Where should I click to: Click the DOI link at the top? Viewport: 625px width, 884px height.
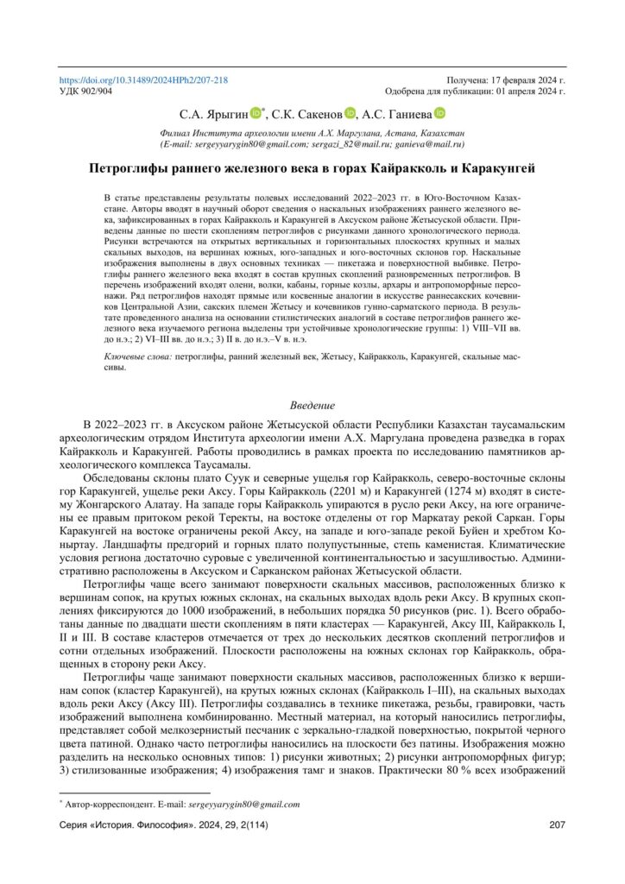143,79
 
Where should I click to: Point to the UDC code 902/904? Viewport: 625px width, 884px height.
87,90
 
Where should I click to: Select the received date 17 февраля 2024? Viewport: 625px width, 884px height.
522,79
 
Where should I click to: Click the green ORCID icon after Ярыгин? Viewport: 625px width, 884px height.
256,112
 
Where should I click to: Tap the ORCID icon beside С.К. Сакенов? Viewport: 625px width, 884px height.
350,112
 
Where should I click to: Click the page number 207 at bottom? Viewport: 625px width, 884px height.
556,826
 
